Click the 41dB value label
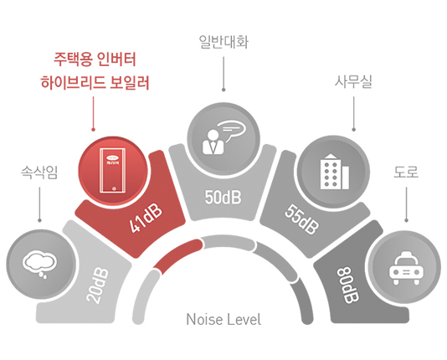[x=146, y=219]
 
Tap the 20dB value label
[x=97, y=285]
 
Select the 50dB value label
[x=223, y=197]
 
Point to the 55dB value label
[x=301, y=219]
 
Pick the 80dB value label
[x=347, y=285]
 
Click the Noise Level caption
[x=223, y=319]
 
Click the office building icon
[x=334, y=172]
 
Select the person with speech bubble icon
[x=223, y=137]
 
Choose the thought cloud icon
[x=39, y=264]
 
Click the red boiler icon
[x=113, y=171]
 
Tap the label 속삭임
[x=39, y=172]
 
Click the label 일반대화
[x=223, y=42]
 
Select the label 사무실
[x=353, y=82]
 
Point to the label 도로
[x=406, y=172]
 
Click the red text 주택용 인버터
[x=95, y=59]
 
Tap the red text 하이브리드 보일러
[x=95, y=83]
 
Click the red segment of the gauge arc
[x=177, y=255]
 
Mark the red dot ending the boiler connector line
[x=93, y=130]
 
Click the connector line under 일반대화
[x=223, y=73]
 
